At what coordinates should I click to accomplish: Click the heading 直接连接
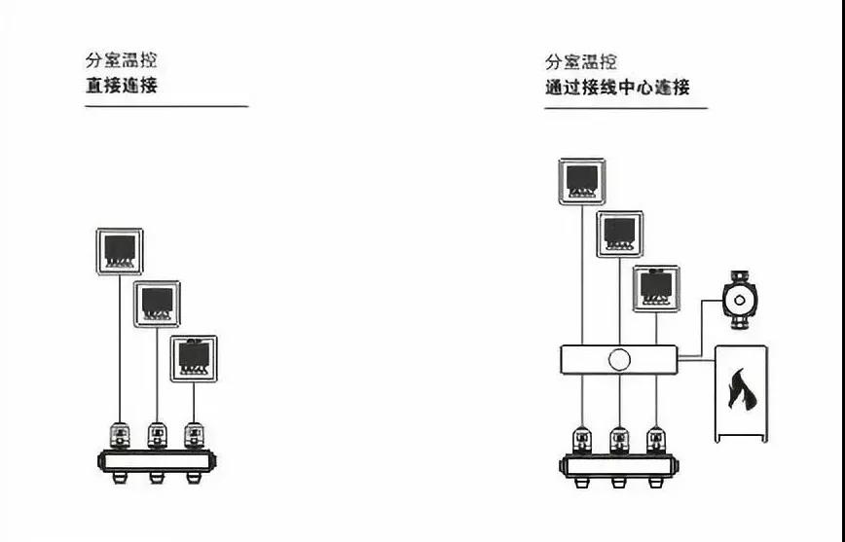121,86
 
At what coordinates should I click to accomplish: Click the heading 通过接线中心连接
617,88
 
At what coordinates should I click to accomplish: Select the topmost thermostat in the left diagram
120,251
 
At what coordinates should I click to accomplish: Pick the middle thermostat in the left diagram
157,304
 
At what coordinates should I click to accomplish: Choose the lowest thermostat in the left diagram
194,357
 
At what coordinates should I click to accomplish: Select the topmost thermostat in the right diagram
581,182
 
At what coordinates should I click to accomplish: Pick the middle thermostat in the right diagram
619,234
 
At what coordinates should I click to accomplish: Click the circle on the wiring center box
619,360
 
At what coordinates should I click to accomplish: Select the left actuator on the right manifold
582,440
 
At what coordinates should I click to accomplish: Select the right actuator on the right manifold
657,440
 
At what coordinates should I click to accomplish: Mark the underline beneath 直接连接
166,105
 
